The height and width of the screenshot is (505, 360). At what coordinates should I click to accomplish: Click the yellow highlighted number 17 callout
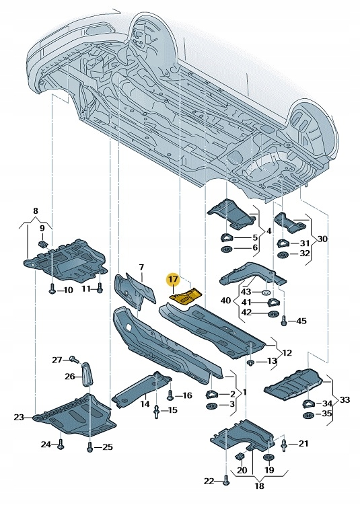[173, 278]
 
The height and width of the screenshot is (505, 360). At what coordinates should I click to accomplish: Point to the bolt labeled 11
[100, 288]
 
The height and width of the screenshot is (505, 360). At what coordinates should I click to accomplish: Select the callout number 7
[141, 268]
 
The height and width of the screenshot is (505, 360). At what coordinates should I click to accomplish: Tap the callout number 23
[18, 417]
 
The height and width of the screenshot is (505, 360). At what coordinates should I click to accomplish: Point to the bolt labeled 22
[226, 480]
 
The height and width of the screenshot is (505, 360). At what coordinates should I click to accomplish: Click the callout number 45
[300, 320]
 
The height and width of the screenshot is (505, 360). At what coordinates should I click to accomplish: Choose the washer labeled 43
[266, 293]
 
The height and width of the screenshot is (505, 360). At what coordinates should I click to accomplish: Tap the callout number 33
[345, 399]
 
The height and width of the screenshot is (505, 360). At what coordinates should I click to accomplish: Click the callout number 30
[322, 239]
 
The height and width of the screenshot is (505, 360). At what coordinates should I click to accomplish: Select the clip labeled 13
[250, 362]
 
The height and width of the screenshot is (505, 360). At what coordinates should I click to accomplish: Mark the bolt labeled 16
[170, 395]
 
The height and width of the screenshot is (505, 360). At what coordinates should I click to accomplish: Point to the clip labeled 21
[285, 443]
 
